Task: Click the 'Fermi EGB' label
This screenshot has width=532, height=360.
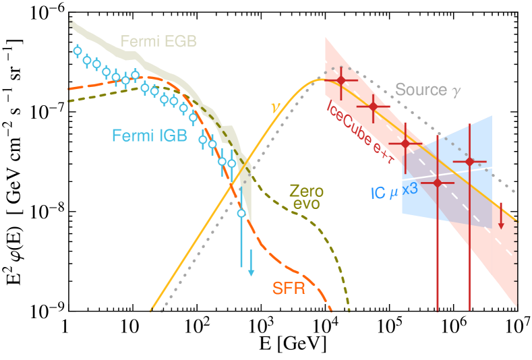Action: click(x=159, y=42)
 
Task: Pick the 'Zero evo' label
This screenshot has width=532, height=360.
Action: click(x=304, y=196)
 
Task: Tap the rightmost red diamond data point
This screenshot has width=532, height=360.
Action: click(x=469, y=162)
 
